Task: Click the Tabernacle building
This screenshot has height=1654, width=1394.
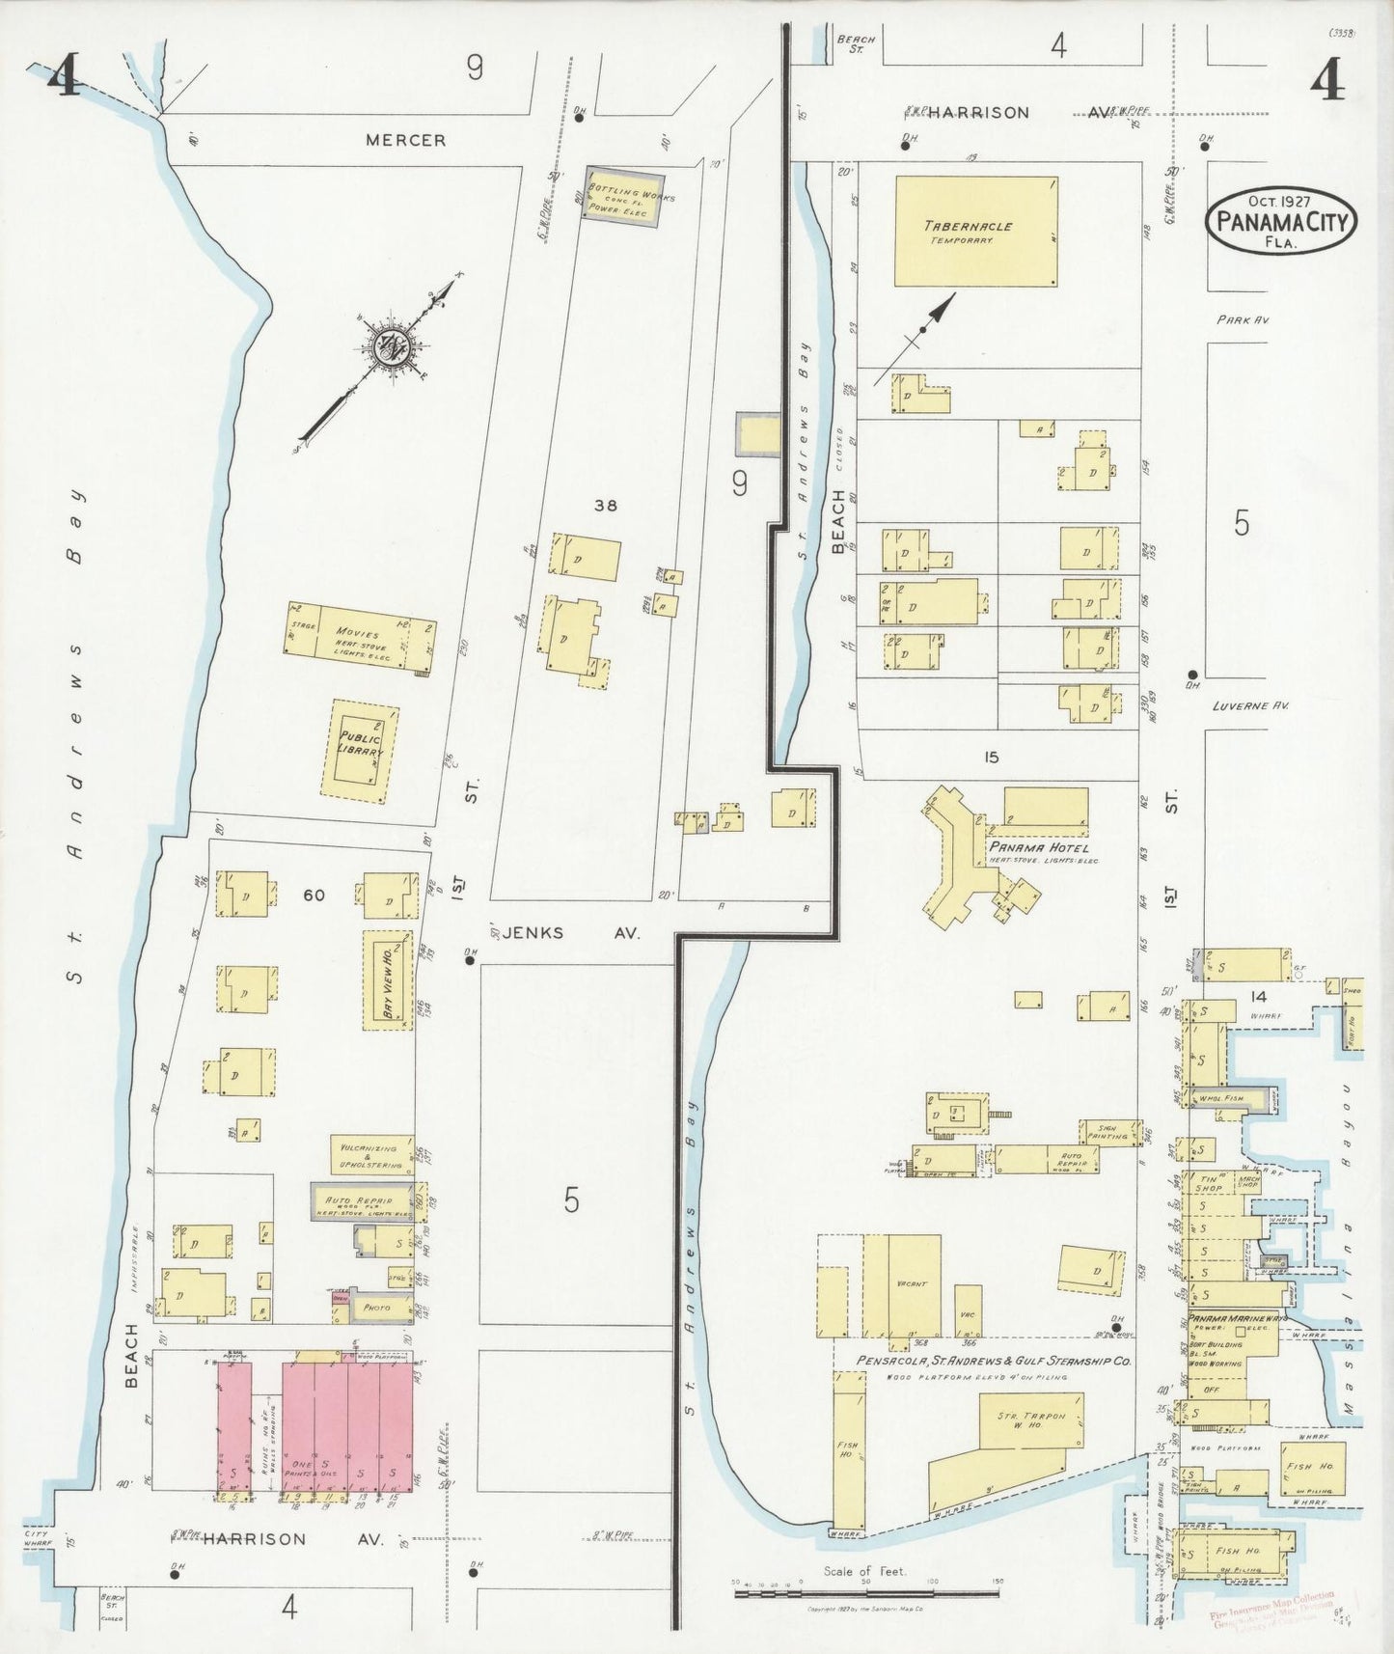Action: (974, 231)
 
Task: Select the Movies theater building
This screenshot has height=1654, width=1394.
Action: (359, 637)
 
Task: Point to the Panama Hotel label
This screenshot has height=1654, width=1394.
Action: (1037, 847)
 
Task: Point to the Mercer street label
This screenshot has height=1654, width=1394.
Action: (405, 141)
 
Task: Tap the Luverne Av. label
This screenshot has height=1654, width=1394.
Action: (1251, 706)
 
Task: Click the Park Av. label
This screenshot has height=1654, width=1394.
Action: (1242, 318)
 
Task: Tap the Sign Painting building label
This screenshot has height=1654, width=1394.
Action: (1107, 1132)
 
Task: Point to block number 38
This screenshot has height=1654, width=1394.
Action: (606, 505)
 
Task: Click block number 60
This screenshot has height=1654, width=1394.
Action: (314, 896)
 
